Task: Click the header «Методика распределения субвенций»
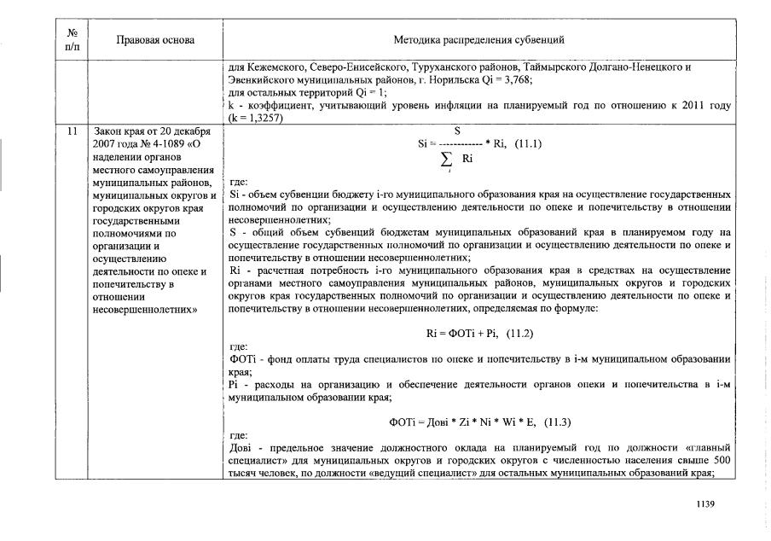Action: (478, 39)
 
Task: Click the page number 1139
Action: (705, 503)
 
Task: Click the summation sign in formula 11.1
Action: (444, 160)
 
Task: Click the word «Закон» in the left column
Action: (105, 132)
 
